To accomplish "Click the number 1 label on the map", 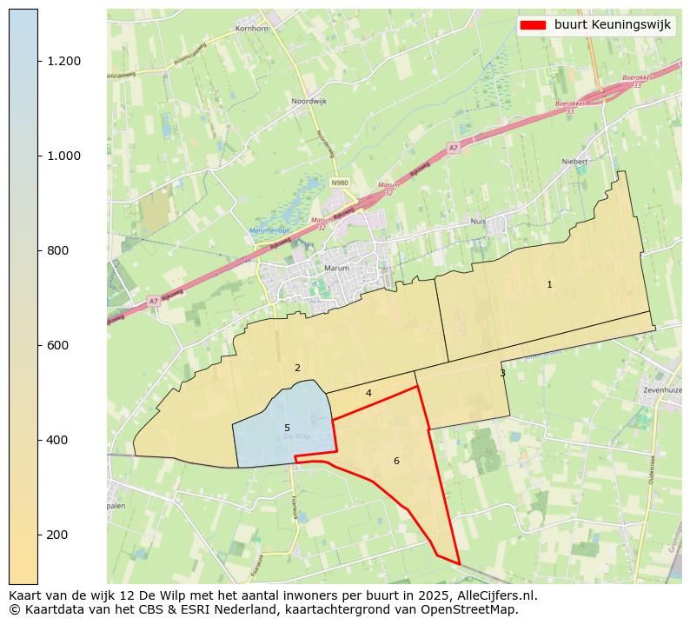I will pos(549,285).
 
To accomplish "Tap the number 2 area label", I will pos(297,369).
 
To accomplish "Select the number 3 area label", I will pos(502,374).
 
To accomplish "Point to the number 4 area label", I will pos(368,394).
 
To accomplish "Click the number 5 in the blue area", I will pos(287,429).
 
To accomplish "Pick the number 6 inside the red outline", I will pos(396,461).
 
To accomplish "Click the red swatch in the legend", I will pos(533,25).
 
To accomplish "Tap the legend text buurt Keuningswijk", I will pos(612,25).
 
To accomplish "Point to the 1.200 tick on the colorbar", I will pos(63,61).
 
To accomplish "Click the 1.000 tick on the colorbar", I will pos(63,156).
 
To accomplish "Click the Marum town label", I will pos(336,269).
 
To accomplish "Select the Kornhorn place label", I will pos(253,29).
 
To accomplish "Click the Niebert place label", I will pos(575,162).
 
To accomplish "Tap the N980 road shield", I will pos(339,183).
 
